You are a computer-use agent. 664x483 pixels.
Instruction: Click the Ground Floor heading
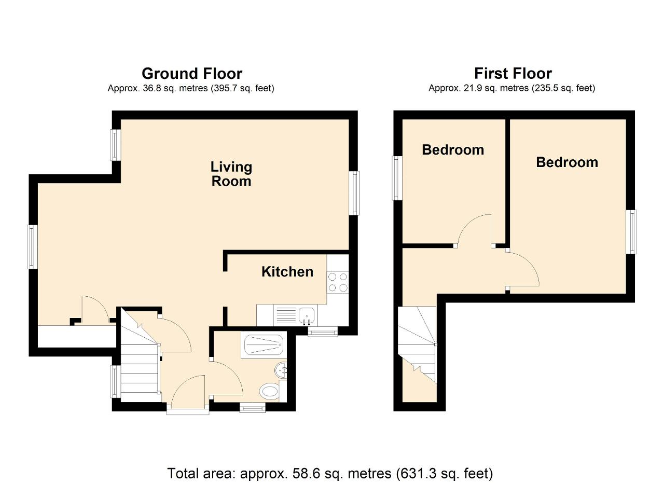(x=192, y=74)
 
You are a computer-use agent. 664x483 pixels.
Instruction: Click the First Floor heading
(x=513, y=73)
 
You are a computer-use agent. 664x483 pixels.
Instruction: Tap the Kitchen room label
(x=287, y=272)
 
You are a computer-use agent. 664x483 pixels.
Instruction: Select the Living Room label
(x=231, y=174)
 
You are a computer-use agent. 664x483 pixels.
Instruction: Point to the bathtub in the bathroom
(x=264, y=345)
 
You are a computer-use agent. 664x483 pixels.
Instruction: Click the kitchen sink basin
(x=307, y=314)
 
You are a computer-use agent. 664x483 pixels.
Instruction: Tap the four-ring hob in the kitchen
(x=338, y=282)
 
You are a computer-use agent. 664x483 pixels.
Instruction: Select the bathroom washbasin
(x=281, y=370)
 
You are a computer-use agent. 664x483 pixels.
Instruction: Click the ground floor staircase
(x=140, y=355)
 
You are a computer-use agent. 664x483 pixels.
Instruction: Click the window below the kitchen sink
(x=323, y=332)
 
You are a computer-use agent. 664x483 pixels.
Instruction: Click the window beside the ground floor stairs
(x=116, y=381)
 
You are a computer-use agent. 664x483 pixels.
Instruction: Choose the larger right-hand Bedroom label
(x=567, y=162)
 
